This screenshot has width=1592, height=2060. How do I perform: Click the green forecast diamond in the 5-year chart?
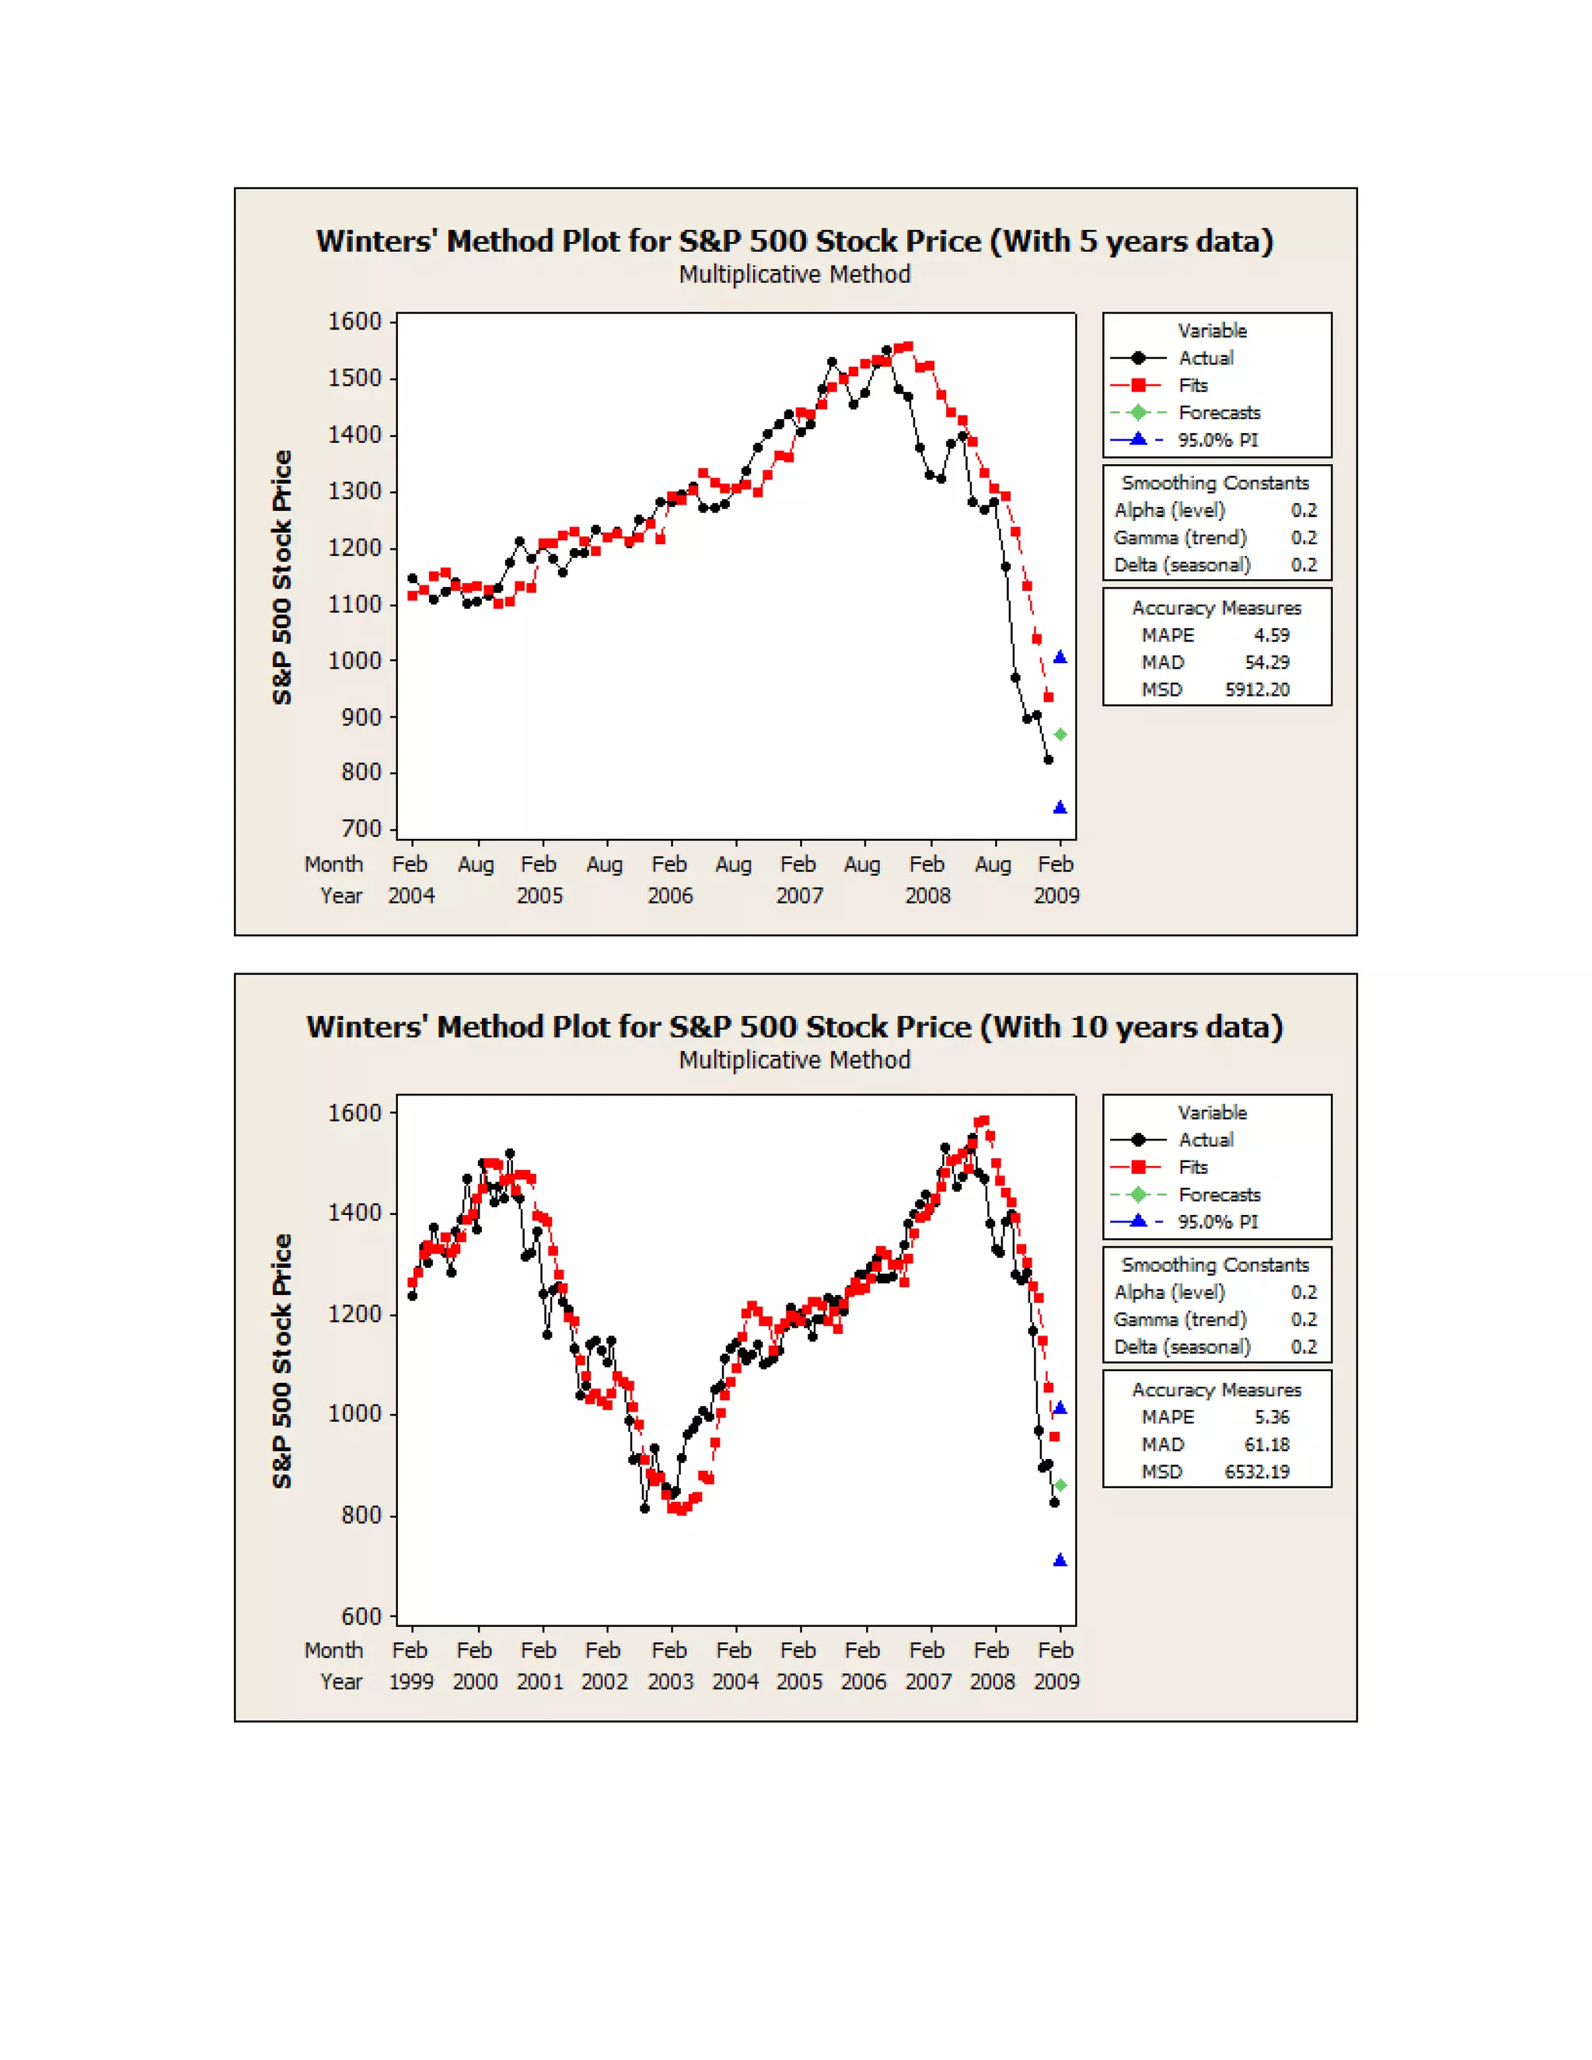pyautogui.click(x=1060, y=734)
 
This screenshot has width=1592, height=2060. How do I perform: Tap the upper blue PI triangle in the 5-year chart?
pyautogui.click(x=1060, y=658)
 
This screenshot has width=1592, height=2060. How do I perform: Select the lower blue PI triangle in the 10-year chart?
pyautogui.click(x=1060, y=1560)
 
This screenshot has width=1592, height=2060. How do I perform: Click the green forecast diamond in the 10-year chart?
pyautogui.click(x=1060, y=1486)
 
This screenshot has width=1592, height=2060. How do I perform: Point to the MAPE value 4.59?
pyautogui.click(x=1271, y=635)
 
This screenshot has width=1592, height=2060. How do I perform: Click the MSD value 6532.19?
pyautogui.click(x=1256, y=1472)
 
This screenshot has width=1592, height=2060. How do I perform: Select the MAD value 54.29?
pyautogui.click(x=1266, y=662)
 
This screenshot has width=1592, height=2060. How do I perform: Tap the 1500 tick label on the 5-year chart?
pyautogui.click(x=354, y=379)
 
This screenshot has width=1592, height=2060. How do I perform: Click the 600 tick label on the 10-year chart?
pyautogui.click(x=361, y=1616)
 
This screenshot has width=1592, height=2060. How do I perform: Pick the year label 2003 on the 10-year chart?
pyautogui.click(x=669, y=1681)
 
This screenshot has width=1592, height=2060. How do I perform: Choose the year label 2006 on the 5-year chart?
pyautogui.click(x=669, y=896)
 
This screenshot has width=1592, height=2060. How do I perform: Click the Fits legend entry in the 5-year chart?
pyautogui.click(x=1193, y=385)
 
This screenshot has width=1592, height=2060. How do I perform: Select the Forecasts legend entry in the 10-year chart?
pyautogui.click(x=1219, y=1194)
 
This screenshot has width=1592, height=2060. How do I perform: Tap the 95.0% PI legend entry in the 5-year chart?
pyautogui.click(x=1217, y=439)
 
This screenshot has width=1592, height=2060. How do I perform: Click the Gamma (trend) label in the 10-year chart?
pyautogui.click(x=1180, y=1318)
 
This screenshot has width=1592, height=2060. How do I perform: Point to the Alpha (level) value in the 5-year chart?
pyautogui.click(x=1304, y=510)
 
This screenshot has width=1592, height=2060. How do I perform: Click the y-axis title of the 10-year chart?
pyautogui.click(x=282, y=1361)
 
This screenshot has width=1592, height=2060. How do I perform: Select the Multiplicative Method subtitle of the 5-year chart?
pyautogui.click(x=795, y=274)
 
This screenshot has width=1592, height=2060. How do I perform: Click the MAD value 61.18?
pyautogui.click(x=1266, y=1444)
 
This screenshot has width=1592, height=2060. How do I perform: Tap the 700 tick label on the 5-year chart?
pyautogui.click(x=361, y=829)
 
